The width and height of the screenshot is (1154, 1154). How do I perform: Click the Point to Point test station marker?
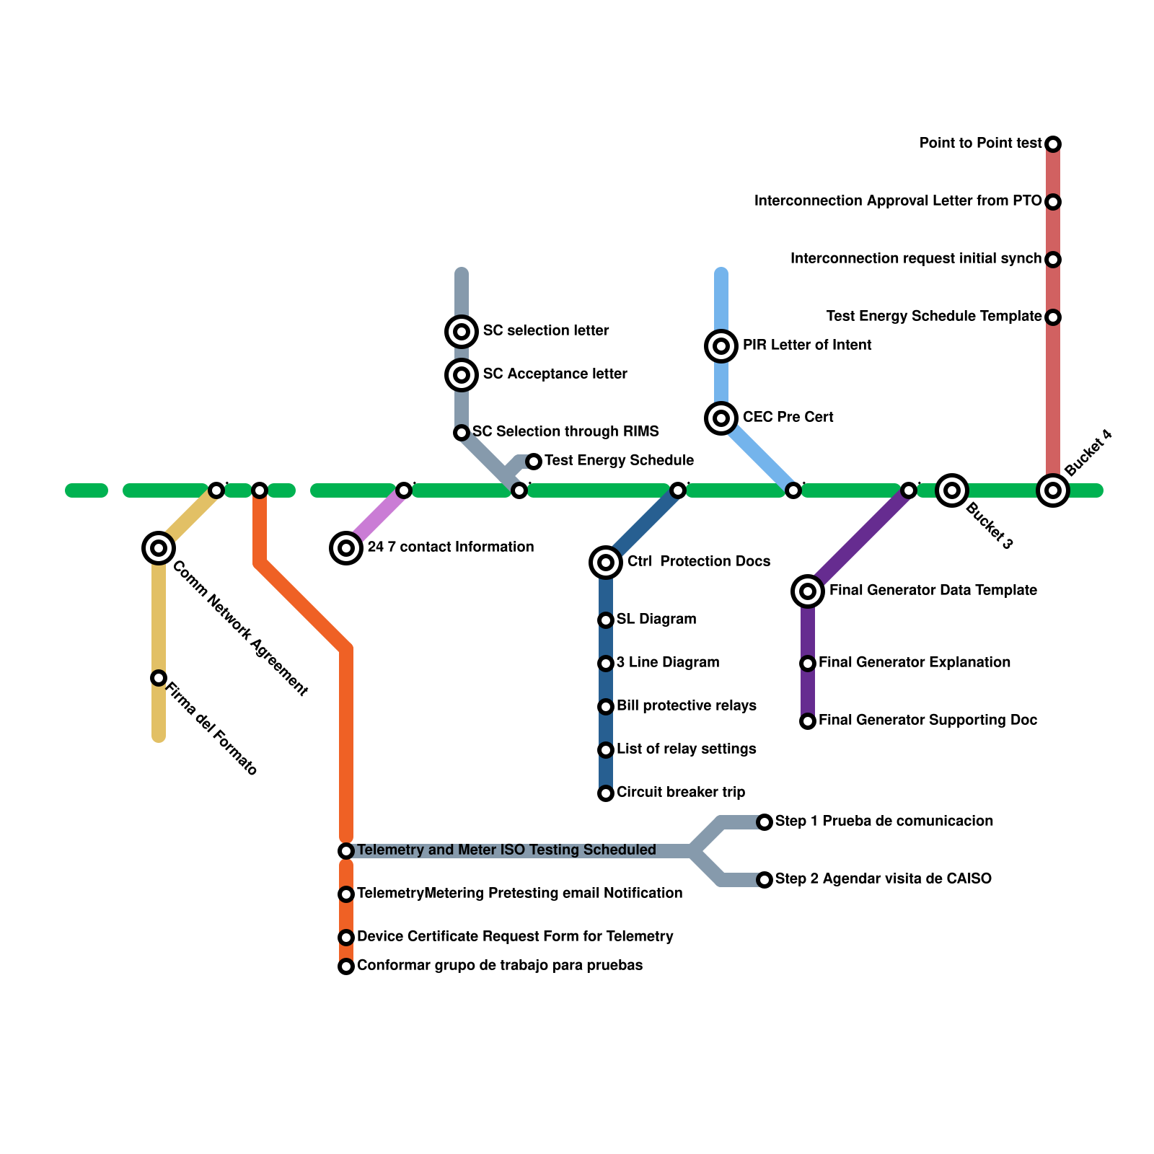[1053, 144]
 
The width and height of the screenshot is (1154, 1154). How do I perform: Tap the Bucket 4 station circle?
[1053, 490]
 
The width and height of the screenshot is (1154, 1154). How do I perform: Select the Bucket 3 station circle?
[952, 490]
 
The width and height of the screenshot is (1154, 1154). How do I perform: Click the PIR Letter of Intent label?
[807, 345]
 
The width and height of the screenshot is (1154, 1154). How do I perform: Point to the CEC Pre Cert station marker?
[721, 418]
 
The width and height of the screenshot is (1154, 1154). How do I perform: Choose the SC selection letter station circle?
[462, 332]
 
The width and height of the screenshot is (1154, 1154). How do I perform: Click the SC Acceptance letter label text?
[555, 374]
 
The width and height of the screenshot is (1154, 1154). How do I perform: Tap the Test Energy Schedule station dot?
[534, 461]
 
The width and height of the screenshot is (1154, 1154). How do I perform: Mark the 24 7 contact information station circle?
[346, 548]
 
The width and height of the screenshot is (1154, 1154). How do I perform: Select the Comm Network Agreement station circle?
[159, 548]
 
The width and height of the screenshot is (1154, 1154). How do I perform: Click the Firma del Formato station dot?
[159, 678]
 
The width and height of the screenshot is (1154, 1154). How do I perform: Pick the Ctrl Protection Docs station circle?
[606, 562]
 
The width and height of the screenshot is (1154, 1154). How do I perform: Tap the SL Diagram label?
[656, 620]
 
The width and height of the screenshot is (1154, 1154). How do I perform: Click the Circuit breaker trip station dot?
[606, 793]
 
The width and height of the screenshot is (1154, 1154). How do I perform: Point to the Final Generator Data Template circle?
[808, 591]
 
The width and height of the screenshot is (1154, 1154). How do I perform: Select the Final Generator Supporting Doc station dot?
[808, 721]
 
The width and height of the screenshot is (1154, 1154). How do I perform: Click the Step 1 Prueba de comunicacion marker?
[765, 822]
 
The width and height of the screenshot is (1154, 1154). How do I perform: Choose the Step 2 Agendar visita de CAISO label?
[883, 879]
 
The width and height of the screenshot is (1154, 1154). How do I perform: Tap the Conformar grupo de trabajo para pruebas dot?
[346, 966]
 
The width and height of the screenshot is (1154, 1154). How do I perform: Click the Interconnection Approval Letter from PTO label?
[898, 201]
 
